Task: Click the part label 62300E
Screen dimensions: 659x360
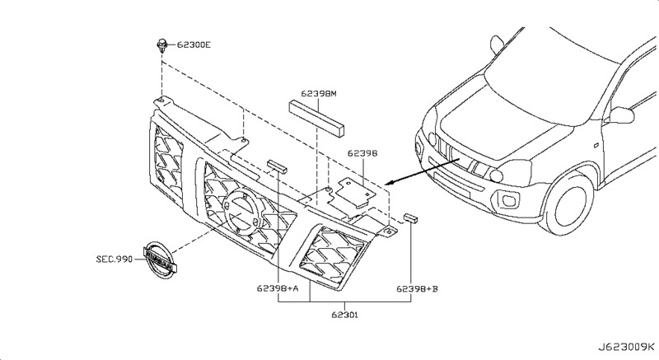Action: [194, 44]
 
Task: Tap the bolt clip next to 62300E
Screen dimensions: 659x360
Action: [161, 45]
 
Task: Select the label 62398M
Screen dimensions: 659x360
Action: [319, 94]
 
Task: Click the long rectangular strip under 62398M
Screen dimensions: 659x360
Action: [316, 118]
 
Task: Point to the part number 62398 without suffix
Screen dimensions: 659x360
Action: [362, 153]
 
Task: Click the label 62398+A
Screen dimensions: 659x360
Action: [278, 288]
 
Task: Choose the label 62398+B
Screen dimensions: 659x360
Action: [417, 288]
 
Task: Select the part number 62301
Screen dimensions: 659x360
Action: [344, 315]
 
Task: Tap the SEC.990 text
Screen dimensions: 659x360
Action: [115, 259]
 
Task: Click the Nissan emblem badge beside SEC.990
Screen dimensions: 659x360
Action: [159, 260]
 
